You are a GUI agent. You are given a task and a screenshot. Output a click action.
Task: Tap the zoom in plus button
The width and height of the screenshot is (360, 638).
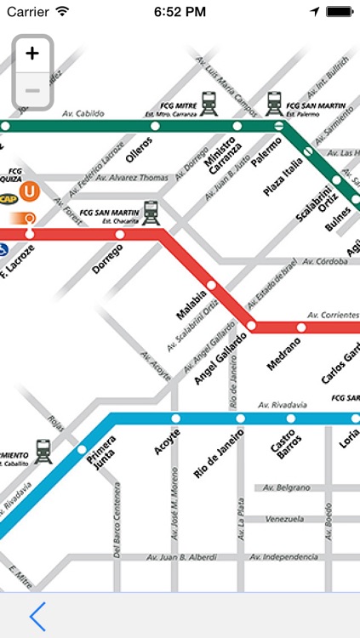pos(32,54)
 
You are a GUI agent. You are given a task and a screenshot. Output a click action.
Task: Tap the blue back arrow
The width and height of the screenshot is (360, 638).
pos(37,615)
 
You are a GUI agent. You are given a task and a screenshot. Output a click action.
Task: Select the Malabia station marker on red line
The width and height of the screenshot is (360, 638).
pos(211,285)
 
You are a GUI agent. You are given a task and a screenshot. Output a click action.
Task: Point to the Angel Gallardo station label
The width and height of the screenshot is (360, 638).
pos(220,356)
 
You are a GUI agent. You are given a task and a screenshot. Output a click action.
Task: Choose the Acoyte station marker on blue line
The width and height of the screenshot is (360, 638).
pos(176,419)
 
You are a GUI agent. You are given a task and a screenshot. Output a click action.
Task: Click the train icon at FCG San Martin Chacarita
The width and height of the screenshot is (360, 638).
pos(151,212)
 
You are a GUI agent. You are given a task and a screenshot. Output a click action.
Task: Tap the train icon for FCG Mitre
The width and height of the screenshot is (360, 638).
pos(209,103)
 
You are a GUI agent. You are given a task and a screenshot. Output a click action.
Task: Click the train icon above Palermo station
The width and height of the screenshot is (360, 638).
pos(274,103)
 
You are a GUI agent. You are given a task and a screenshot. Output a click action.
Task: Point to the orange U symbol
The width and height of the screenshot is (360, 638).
pos(30,191)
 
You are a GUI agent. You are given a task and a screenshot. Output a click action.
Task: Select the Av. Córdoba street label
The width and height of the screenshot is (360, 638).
pos(325,261)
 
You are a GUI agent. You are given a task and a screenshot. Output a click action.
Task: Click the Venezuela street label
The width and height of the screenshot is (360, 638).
pos(284,519)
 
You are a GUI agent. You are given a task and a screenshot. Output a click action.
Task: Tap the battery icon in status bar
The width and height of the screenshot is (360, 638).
pos(338,12)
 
